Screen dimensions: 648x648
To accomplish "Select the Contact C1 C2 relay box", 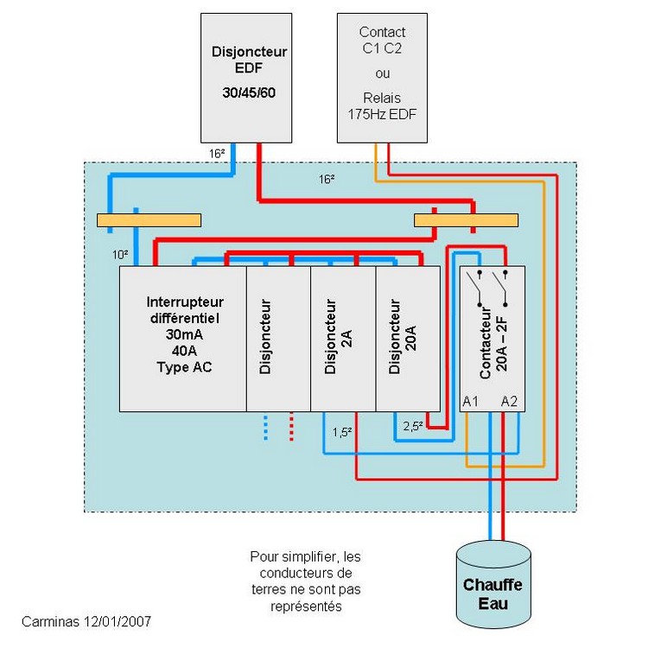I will click(x=381, y=77).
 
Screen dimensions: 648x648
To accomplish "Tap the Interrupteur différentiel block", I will click(x=183, y=338).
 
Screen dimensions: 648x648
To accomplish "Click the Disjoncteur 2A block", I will click(x=342, y=338).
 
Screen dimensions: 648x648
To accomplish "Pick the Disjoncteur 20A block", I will click(x=408, y=338).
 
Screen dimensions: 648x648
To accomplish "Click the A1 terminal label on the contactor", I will click(x=471, y=402).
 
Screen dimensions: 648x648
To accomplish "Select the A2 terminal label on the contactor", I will click(x=510, y=402).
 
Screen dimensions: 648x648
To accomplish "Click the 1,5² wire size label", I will click(x=342, y=430).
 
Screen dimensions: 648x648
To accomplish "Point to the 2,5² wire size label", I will click(x=413, y=426).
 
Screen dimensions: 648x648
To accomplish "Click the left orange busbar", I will click(x=149, y=221).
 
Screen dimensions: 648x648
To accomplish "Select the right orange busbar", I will click(x=466, y=221).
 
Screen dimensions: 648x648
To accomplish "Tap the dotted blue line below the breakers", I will click(x=265, y=428).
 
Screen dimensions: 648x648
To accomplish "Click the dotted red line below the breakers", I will click(x=291, y=428).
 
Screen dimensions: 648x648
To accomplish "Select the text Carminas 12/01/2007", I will click(x=89, y=621).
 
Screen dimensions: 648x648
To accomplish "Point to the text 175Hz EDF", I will click(x=381, y=111).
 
